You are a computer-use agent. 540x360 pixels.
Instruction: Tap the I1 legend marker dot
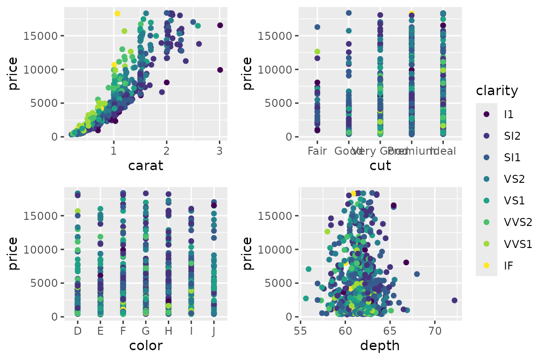(486, 114)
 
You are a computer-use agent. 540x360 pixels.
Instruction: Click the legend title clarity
(496, 90)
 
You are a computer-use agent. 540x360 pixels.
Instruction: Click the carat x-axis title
(145, 165)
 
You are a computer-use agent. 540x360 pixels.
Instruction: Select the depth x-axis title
(380, 346)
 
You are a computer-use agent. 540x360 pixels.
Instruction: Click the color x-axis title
(145, 346)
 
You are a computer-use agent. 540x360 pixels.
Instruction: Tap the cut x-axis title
(380, 165)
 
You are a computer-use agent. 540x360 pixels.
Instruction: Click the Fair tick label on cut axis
(317, 151)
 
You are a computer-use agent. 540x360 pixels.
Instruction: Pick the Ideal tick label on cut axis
(443, 151)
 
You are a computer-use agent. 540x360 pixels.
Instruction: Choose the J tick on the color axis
(214, 331)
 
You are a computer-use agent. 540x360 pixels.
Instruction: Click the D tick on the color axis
(78, 331)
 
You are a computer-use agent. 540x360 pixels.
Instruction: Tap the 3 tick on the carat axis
(219, 151)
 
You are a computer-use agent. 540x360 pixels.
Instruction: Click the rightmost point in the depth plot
(454, 300)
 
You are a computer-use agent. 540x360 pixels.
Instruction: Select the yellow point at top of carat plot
(117, 14)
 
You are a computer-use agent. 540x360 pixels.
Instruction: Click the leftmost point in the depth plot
(306, 298)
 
